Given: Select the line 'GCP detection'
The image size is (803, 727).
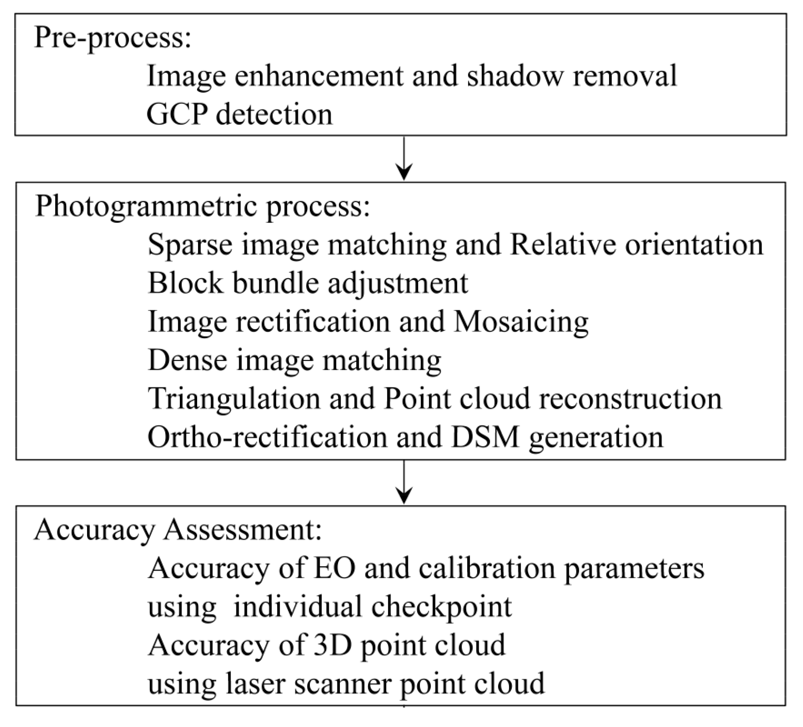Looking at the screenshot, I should (239, 114).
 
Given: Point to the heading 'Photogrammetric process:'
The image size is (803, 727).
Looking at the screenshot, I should (202, 207).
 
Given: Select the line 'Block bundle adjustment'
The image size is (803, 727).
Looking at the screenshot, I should (308, 283).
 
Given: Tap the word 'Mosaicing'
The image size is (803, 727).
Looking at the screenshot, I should (521, 322).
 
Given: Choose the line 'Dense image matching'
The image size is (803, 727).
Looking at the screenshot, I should (294, 360).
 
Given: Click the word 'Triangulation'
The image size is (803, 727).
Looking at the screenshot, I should (233, 399).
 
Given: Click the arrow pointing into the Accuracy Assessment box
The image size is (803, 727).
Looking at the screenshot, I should (404, 482).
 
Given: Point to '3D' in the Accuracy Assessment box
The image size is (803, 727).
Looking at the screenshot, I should (329, 645).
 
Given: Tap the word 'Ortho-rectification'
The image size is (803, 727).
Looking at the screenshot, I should (267, 437).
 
